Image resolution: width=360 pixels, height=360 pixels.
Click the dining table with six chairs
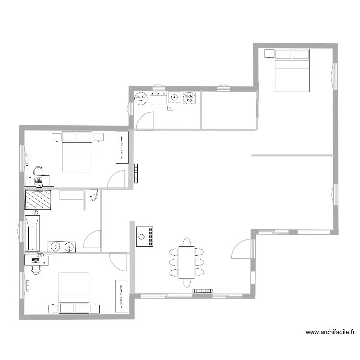pyautogui.click(x=186, y=262)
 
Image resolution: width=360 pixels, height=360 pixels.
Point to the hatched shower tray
pyautogui.click(x=38, y=200)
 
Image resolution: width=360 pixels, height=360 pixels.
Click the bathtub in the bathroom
pyautogui.click(x=32, y=233)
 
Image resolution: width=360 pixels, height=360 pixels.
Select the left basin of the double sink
pyautogui.click(x=56, y=247)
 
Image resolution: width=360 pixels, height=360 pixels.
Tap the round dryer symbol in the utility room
pyautogui.click(x=189, y=98)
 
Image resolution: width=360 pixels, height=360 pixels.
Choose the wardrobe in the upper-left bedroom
pyautogui.click(x=122, y=147)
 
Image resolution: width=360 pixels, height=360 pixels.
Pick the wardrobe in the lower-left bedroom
pyautogui.click(x=122, y=295)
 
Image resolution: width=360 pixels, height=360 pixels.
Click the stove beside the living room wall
pyautogui.click(x=144, y=236)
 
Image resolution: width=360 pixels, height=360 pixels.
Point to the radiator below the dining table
pyautogui.click(x=203, y=291)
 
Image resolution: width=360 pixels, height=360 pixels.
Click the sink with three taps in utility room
pyautogui.click(x=158, y=98)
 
